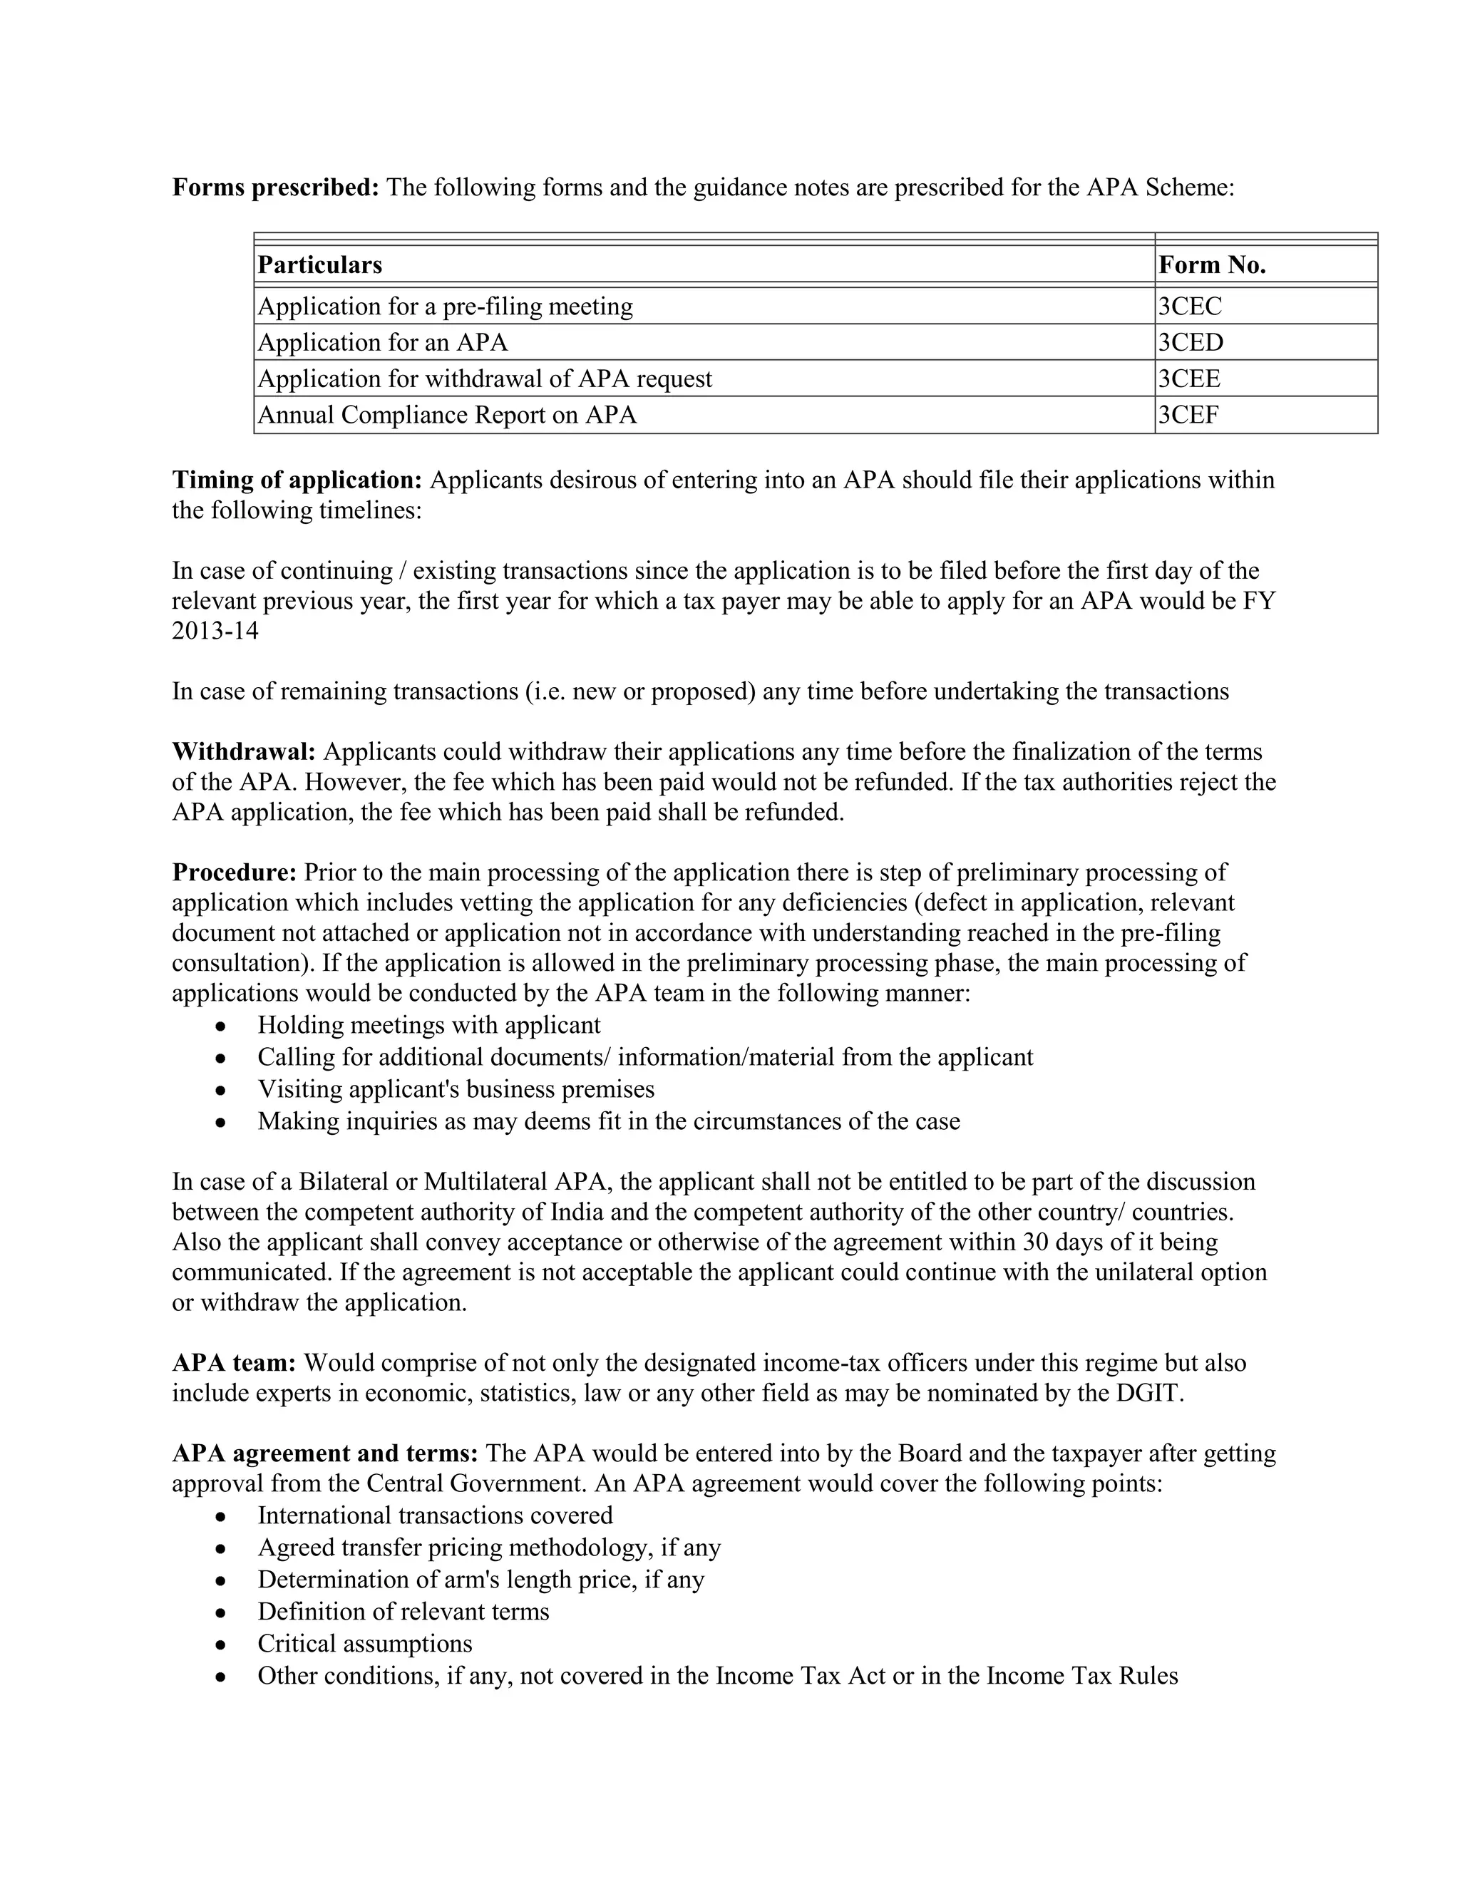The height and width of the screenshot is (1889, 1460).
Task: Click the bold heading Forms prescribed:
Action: click(275, 187)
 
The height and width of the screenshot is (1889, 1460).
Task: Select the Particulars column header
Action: click(320, 264)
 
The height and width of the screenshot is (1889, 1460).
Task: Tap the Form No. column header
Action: click(1212, 264)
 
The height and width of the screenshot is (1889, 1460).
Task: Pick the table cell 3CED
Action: click(1191, 342)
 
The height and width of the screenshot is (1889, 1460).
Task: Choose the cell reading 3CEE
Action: click(1189, 379)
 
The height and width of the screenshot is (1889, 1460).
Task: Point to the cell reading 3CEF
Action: click(1188, 415)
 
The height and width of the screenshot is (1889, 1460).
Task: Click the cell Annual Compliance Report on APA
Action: click(447, 415)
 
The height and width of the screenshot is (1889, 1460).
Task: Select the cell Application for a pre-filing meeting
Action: click(446, 307)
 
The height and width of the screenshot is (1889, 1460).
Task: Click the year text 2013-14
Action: click(215, 631)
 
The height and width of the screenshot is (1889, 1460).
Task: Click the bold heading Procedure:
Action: click(235, 872)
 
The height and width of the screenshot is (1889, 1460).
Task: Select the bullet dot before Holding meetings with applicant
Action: click(222, 1026)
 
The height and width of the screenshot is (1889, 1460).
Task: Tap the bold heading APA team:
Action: click(235, 1363)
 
